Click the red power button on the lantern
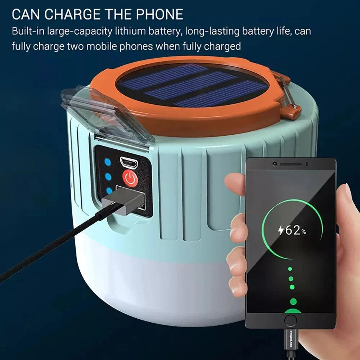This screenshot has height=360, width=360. point(130,178)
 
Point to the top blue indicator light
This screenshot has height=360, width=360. point(108,162)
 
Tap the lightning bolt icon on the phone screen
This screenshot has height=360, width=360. point(281,230)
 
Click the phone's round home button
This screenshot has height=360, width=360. point(291,320)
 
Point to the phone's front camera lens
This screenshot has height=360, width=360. point(275,164)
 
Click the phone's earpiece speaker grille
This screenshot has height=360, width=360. point(291,164)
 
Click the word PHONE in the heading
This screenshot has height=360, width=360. point(159,14)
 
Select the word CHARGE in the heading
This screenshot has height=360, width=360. point(72,14)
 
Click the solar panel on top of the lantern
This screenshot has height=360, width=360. point(192,85)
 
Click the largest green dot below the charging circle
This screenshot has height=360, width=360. point(293,301)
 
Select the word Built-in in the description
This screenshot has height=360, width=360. point(28,31)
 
